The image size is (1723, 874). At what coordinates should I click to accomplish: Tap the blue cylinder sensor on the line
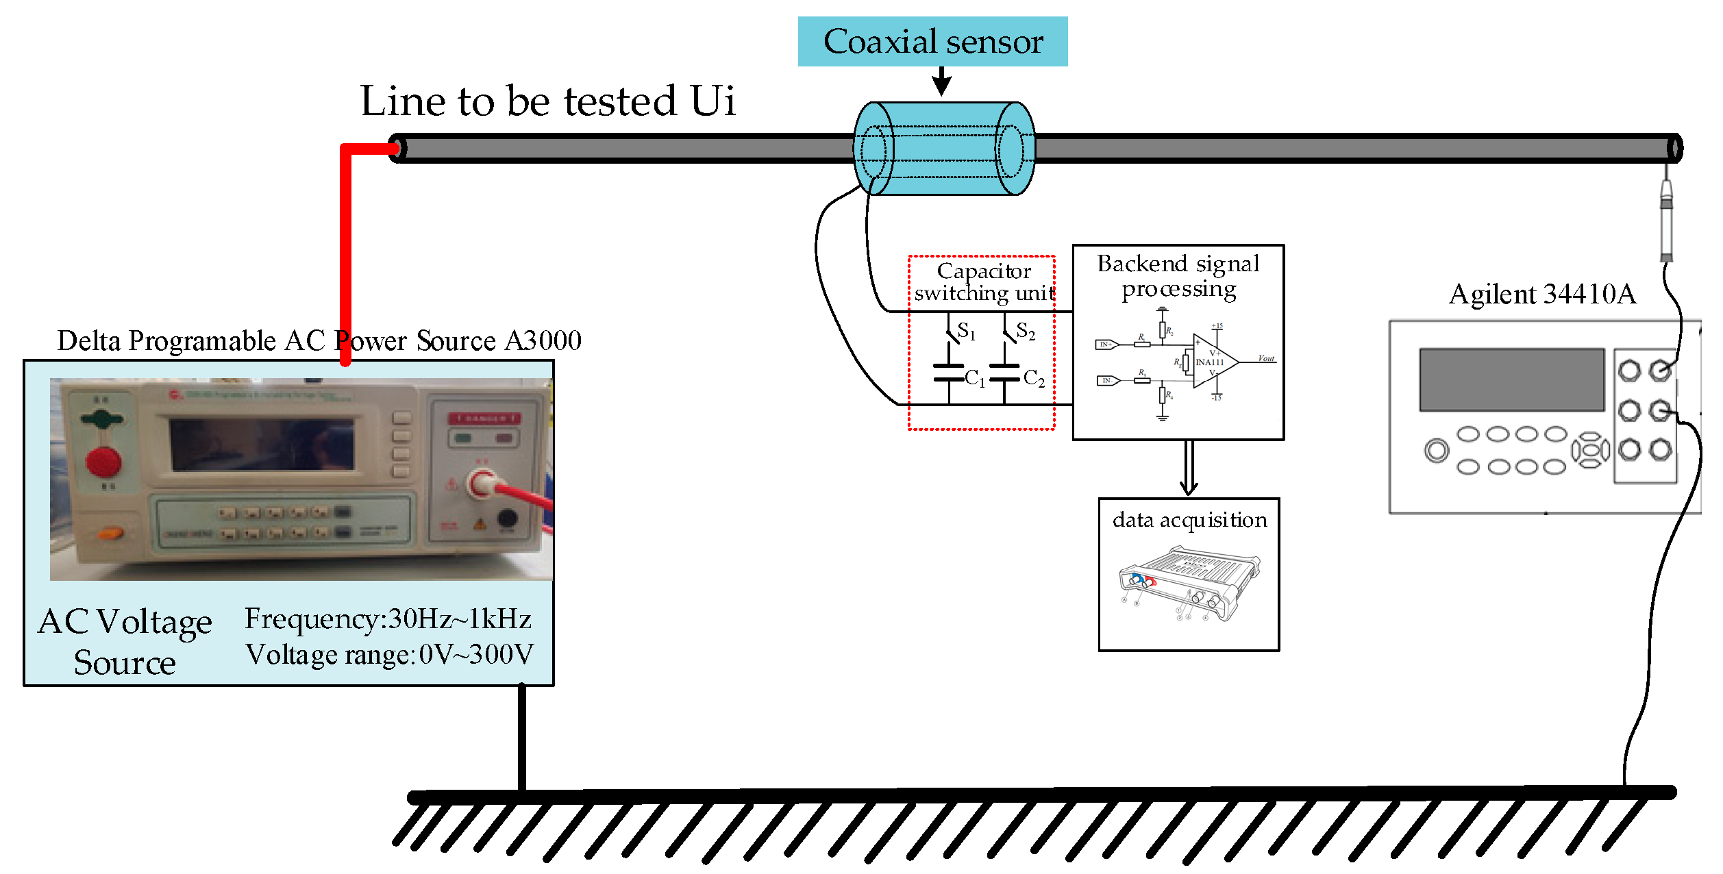[x=943, y=149]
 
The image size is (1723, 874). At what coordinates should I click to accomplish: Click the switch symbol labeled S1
[x=951, y=334]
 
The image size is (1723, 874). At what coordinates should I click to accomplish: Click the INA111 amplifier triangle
[x=1213, y=361]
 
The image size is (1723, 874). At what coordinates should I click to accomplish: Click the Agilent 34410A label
[x=1542, y=294]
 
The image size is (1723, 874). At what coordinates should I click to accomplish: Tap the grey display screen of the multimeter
[x=1511, y=379]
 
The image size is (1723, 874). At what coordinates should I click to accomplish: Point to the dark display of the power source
[x=262, y=445]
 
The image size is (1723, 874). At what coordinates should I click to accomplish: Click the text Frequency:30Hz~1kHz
[x=388, y=619]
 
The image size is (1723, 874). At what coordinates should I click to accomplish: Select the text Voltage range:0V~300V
[x=389, y=654]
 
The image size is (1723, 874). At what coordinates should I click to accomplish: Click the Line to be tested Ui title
[x=547, y=101]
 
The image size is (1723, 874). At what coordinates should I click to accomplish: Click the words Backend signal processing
[x=1178, y=276]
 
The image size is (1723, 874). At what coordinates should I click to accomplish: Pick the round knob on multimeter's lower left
[x=1436, y=451]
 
